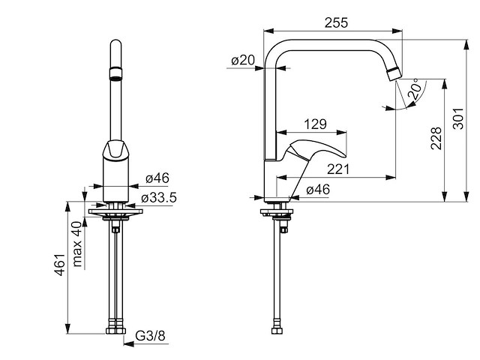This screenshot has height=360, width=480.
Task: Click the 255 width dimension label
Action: click(336, 22)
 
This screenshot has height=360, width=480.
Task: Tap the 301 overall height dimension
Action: click(458, 118)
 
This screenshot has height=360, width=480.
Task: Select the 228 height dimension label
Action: click(436, 138)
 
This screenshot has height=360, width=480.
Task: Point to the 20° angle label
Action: click(415, 88)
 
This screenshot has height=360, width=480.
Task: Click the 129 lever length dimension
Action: click(315, 124)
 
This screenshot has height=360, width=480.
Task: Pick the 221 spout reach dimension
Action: click(338, 169)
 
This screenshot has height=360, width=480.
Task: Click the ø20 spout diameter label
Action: click(243, 60)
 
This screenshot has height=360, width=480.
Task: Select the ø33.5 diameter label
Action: click(159, 198)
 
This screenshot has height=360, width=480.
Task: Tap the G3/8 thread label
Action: click(150, 336)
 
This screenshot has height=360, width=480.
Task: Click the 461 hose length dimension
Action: click(60, 265)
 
